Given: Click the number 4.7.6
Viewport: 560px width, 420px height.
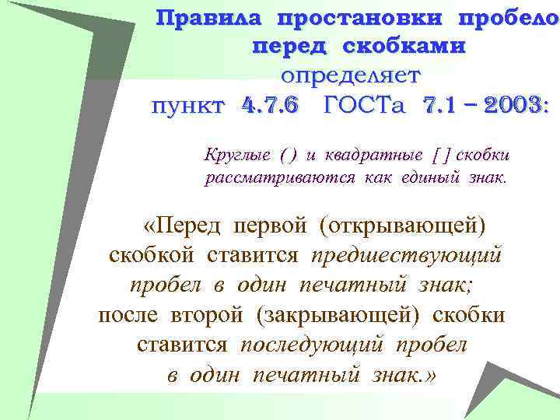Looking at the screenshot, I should click(x=270, y=105).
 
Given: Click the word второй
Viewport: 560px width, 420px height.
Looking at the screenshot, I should click(x=204, y=315).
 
